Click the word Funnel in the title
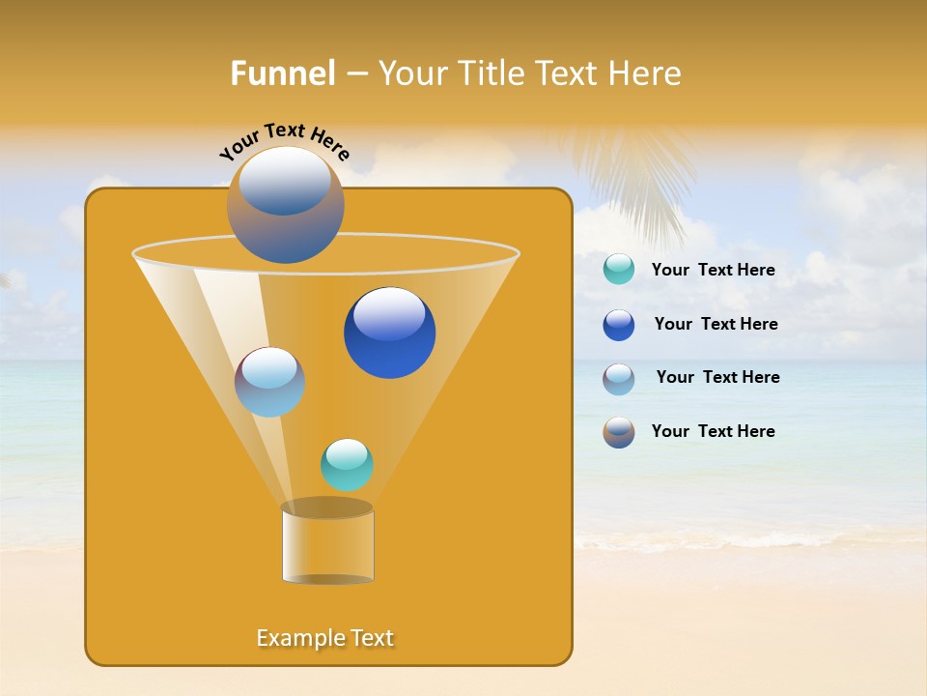(283, 73)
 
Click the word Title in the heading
(490, 73)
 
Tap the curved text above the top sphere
(285, 141)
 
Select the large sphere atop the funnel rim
(285, 204)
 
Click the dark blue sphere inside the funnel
(389, 333)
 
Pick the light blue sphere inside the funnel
(269, 382)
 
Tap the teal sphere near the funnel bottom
(347, 465)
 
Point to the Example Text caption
(325, 638)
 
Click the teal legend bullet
(619, 269)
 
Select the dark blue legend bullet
(619, 325)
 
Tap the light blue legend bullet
(619, 379)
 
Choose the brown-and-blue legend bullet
(619, 432)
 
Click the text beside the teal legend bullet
(713, 271)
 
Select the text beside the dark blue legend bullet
(716, 325)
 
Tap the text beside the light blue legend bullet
(717, 378)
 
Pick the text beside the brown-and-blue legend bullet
(713, 432)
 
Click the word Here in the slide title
(645, 73)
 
